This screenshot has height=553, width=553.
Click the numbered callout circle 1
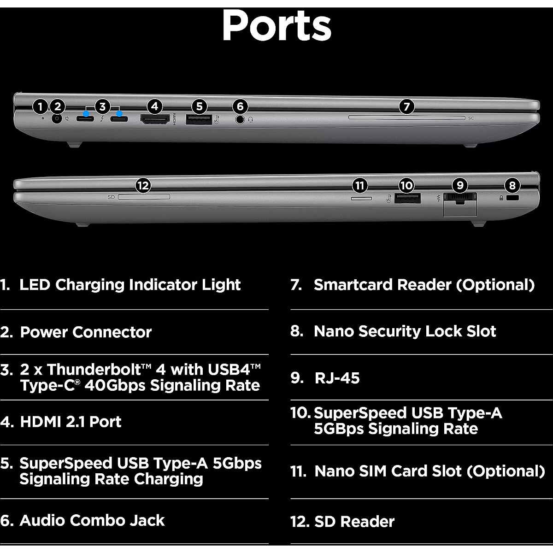[41, 107]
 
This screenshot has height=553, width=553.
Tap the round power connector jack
[57, 119]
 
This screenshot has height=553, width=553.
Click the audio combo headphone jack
[240, 119]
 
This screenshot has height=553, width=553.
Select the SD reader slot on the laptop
[144, 197]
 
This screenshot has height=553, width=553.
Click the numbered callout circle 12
[143, 186]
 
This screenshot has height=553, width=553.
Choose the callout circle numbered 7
[406, 107]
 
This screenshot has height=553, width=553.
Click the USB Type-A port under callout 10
[407, 198]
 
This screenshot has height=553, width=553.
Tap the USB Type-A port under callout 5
[199, 119]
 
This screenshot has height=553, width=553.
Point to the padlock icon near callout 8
[502, 198]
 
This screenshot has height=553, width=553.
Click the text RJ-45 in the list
[337, 378]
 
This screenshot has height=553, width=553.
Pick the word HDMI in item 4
[40, 422]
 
